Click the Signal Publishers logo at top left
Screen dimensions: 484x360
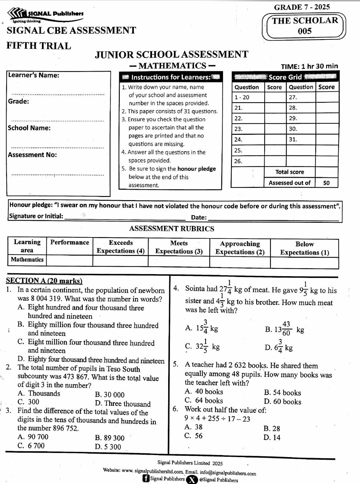coord(45,15)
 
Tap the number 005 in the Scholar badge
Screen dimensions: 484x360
coord(304,31)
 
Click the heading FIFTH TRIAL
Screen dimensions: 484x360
coord(39,46)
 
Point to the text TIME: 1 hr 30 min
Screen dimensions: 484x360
coord(309,66)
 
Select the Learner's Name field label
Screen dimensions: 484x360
coord(34,75)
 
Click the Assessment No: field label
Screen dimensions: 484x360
coord(32,155)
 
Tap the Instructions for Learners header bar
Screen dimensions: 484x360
coord(171,77)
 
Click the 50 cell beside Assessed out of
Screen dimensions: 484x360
coord(326,183)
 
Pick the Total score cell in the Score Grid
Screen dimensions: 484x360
coord(289,172)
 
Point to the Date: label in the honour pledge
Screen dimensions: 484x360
coord(199,217)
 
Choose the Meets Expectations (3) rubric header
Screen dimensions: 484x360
coord(179,247)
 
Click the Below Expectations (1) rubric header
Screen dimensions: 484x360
coord(304,248)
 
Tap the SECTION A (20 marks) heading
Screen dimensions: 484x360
coord(44,280)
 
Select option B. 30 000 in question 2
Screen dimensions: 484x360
coord(109,395)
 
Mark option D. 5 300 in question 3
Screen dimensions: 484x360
coord(108,447)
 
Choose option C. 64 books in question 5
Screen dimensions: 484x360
coord(204,401)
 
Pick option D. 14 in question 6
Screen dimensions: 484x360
coord(272,437)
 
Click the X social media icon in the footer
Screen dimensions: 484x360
coord(192,479)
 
